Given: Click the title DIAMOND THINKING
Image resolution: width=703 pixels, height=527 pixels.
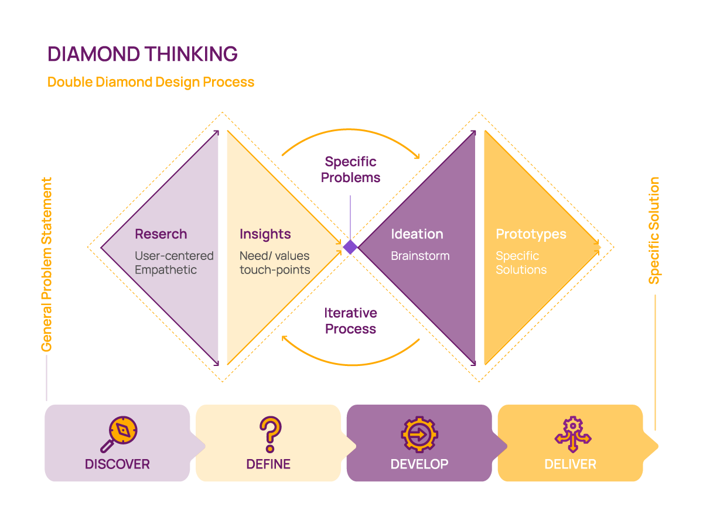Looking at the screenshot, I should coord(142,54).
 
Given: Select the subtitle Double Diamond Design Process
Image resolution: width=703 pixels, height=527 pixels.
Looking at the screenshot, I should coord(151,82).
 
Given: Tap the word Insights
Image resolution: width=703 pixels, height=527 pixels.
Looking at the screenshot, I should coord(265,234).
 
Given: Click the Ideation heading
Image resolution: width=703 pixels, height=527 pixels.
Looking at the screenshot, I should coord(417,234).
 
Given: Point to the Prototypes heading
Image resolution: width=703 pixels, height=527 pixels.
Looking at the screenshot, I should coord(531,234).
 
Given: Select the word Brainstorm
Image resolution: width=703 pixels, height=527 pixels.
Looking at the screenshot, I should coord(420,256).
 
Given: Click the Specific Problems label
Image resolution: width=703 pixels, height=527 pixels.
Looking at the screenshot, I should coord(350,169).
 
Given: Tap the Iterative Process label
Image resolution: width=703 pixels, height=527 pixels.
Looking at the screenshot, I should coord(350,321).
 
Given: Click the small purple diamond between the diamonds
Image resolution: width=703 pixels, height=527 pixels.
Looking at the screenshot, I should coord(350,247).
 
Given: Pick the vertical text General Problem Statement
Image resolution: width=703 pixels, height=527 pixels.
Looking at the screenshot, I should coord(46,264).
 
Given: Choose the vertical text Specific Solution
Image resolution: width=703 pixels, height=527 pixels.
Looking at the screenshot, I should coord(654,230).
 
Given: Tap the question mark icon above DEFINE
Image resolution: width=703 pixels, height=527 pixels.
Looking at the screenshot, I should coord(269,433).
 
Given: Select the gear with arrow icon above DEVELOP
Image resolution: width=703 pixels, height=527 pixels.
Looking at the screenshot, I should coord(419,434).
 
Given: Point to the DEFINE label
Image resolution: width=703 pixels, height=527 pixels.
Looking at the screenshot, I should coord(268,464).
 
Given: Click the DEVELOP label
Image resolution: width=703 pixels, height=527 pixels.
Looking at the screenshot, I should coord(419,464).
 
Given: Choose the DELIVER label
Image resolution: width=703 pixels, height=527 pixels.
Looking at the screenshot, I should coord(570,464).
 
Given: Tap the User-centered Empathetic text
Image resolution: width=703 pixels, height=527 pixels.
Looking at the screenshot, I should coord(174,263).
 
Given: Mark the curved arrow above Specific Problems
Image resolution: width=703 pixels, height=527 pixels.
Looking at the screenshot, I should coord(350,132).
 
